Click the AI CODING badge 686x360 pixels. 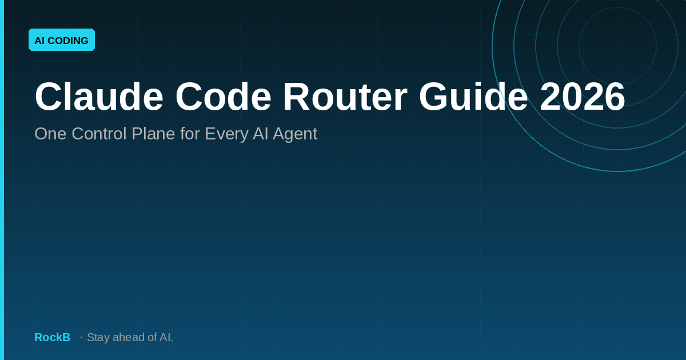pos(62,40)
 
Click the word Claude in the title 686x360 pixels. pos(99,97)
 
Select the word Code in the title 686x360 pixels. pos(224,97)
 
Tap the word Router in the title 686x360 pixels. pos(345,97)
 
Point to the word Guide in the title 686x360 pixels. pos(473,97)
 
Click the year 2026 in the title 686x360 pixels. pos(582,97)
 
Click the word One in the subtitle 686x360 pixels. pos(50,134)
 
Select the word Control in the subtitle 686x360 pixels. pos(99,134)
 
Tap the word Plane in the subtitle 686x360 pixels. pos(153,134)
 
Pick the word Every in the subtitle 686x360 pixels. pos(226,135)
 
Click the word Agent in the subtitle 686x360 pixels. pos(295,135)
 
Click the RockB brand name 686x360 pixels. pos(53,337)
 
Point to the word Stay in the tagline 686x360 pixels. pos(98,338)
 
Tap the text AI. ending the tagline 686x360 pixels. pos(166,337)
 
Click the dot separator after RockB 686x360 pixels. pos(81,337)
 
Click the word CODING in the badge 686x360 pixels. pos(68,41)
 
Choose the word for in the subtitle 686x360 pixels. pos(190,134)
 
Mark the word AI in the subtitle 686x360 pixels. pos(260,134)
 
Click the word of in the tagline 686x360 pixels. pos(152,337)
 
